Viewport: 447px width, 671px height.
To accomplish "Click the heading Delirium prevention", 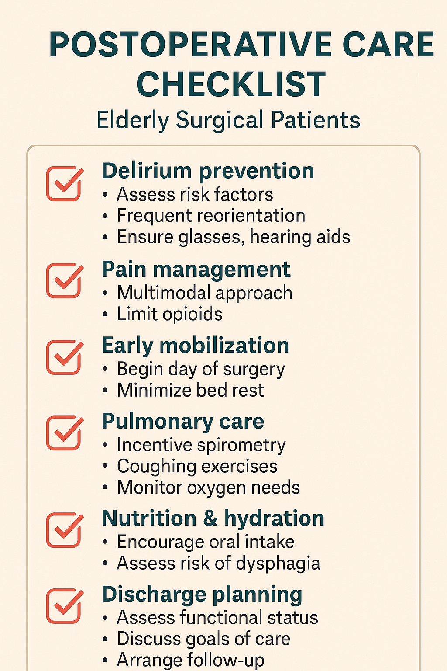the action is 208,171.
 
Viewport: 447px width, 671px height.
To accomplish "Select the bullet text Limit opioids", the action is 169,314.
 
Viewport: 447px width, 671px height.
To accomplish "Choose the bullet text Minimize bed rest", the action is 190,390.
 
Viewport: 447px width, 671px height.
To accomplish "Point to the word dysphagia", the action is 278,564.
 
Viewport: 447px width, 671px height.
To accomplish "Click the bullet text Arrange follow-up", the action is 190,660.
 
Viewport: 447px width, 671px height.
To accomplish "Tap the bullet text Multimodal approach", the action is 204,293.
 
